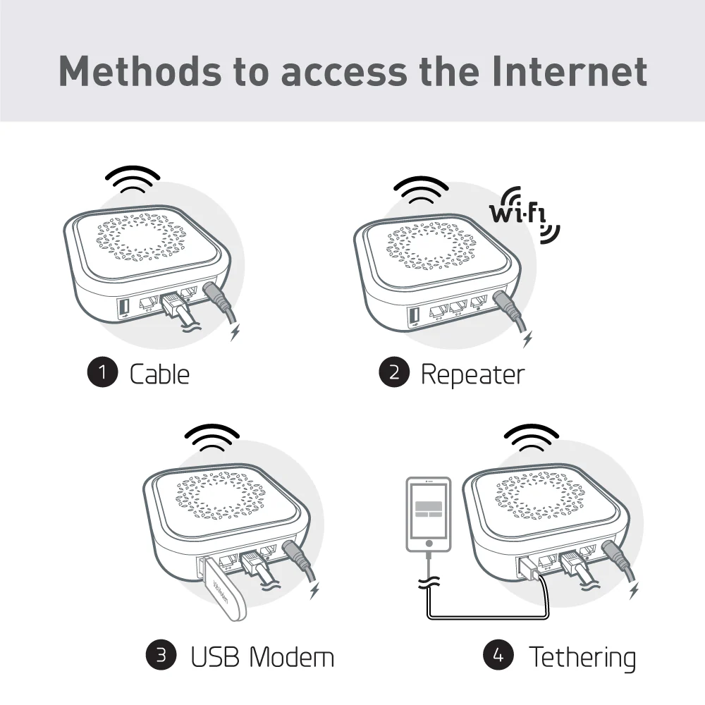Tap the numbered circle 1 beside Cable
[x=103, y=373]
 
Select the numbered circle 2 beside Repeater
[x=394, y=373]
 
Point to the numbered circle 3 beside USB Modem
[x=161, y=655]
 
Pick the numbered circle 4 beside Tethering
[x=498, y=655]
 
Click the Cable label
[x=159, y=374]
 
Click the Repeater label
[x=472, y=374]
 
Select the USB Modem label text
[x=262, y=656]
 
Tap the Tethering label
[x=582, y=656]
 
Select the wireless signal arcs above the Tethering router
[x=530, y=439]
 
